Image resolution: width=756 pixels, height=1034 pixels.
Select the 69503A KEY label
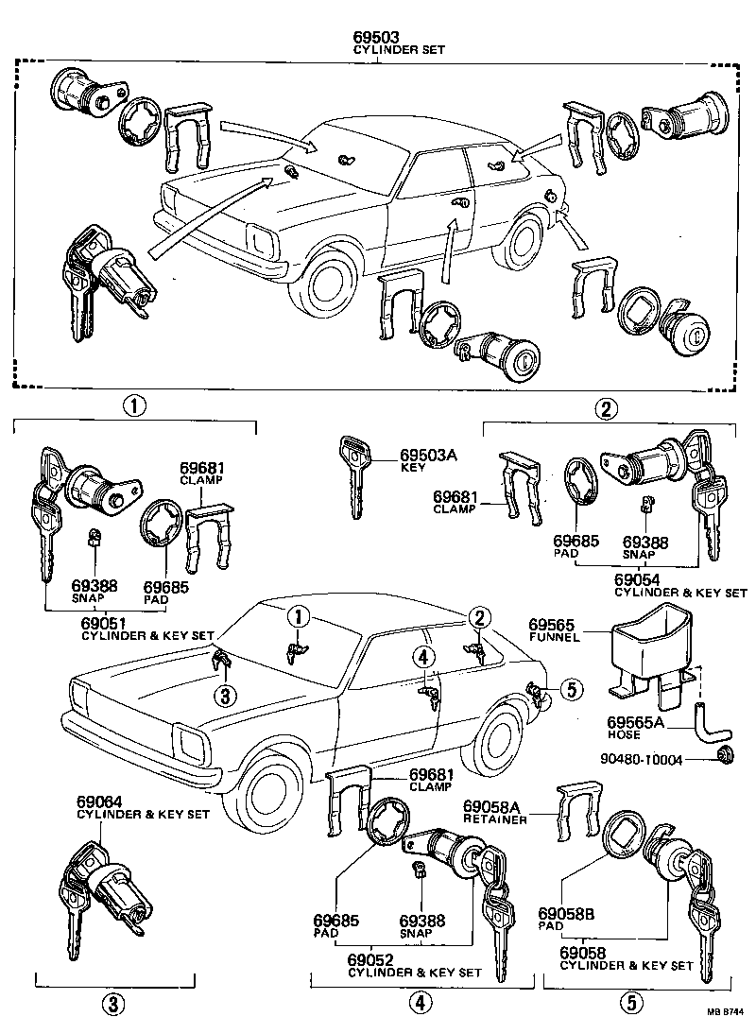pyautogui.click(x=427, y=460)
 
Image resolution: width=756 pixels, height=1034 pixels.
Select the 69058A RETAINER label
pyautogui.click(x=493, y=811)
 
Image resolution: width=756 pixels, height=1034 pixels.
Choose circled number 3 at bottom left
pyautogui.click(x=112, y=1005)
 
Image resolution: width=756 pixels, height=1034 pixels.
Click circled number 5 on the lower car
pyautogui.click(x=570, y=690)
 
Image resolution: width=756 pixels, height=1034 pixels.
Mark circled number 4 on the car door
pyautogui.click(x=424, y=656)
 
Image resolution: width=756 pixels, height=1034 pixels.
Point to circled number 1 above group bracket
pyautogui.click(x=134, y=407)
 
